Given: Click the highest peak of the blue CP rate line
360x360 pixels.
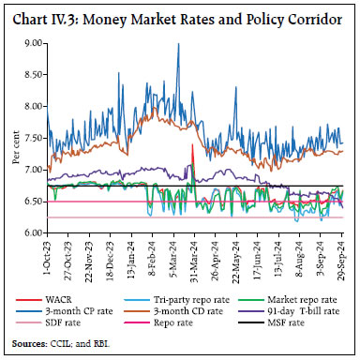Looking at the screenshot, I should click(x=178, y=44).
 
